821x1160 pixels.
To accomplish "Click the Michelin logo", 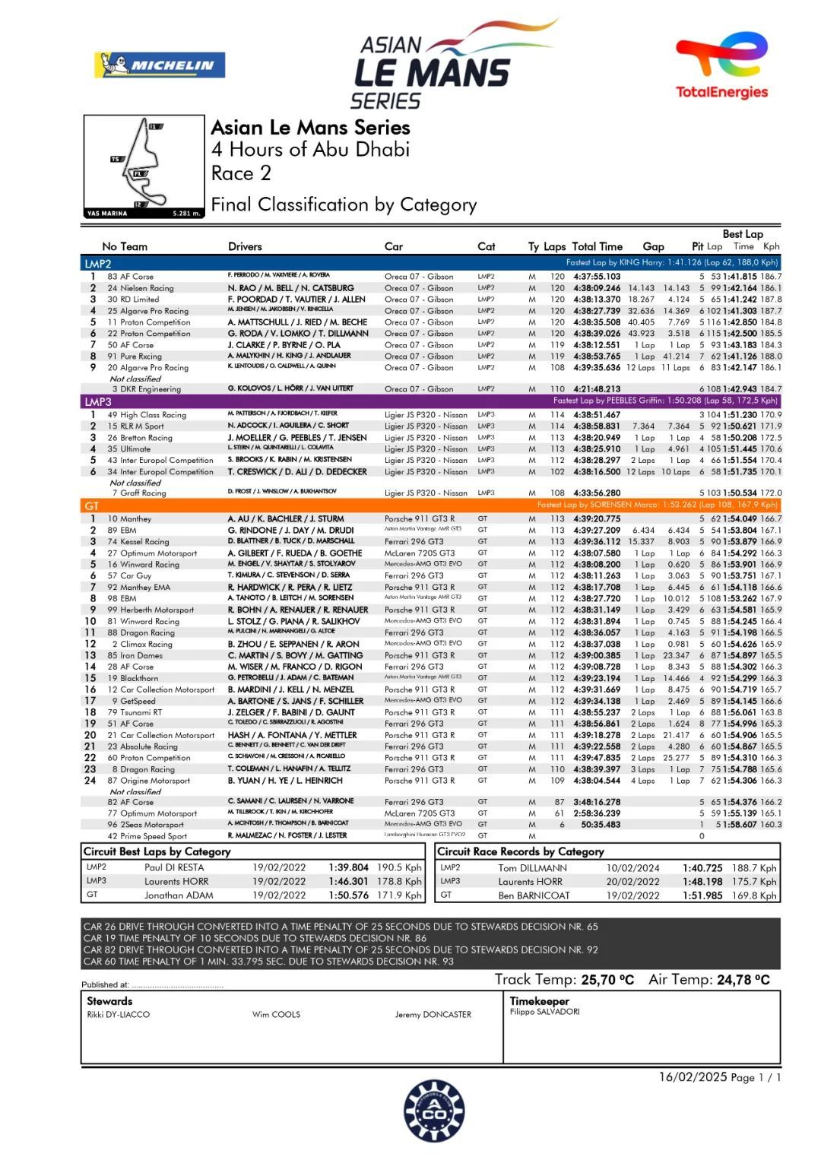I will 160,65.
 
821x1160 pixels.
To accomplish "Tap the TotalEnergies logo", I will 721,66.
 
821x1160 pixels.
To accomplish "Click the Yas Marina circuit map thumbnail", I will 144,166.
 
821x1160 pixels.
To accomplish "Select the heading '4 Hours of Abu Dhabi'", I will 310,149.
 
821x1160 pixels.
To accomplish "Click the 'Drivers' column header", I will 245,246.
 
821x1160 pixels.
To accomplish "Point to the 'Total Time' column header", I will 597,246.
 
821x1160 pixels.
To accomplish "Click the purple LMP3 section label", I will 98,401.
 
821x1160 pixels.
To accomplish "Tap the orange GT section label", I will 92,505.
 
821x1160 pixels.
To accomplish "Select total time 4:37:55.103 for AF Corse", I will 597,277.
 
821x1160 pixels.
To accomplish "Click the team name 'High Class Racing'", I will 153,415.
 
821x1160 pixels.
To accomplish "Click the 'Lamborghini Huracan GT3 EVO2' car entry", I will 425,835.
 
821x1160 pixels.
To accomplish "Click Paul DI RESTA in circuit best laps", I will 174,867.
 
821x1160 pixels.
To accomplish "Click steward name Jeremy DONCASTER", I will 433,1015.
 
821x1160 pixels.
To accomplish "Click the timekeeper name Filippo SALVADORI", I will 544,1012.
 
